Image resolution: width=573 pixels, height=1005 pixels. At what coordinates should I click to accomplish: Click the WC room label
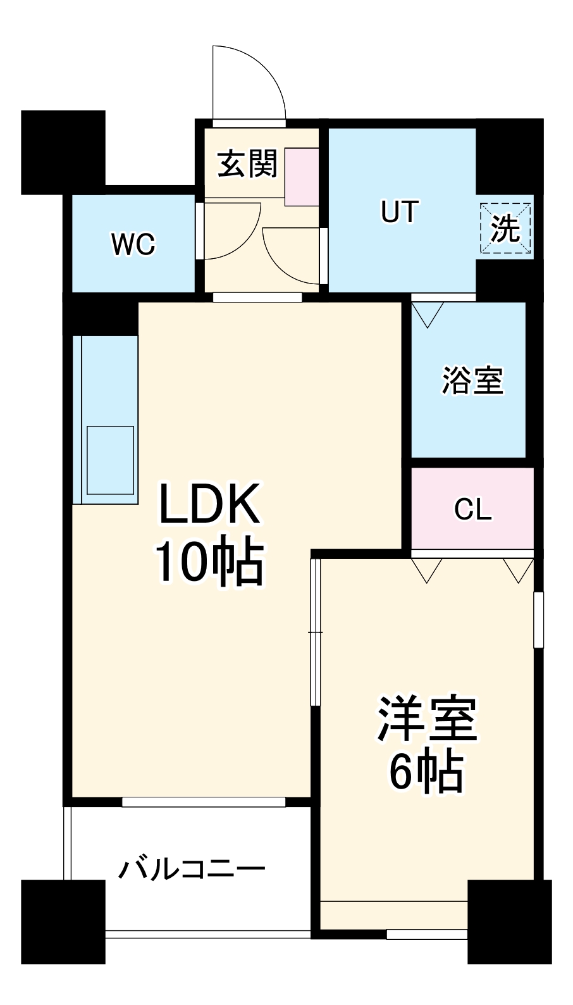133,244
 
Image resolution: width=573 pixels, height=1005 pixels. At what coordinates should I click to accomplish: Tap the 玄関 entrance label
247,165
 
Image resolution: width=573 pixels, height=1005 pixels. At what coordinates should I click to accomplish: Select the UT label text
400,211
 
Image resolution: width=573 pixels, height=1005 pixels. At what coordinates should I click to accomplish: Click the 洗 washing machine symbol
505,228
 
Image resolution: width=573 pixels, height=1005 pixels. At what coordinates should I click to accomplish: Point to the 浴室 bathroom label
472,381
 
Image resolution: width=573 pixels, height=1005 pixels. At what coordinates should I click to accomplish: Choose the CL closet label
472,509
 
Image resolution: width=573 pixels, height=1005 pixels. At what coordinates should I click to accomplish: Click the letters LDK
209,504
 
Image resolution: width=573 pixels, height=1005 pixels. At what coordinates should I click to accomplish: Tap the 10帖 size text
209,562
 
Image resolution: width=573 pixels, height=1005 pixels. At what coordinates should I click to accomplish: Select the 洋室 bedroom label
427,720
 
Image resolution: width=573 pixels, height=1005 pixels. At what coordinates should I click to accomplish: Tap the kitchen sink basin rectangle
110,460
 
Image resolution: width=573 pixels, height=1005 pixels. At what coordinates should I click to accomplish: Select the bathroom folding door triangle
428,314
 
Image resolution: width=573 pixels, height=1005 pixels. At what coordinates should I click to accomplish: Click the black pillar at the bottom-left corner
63,921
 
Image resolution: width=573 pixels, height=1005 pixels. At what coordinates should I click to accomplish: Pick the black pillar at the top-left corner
63,152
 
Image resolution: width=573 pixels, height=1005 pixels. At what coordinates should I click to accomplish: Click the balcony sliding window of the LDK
204,802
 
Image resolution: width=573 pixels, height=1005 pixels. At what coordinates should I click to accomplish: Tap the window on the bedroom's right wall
538,620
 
